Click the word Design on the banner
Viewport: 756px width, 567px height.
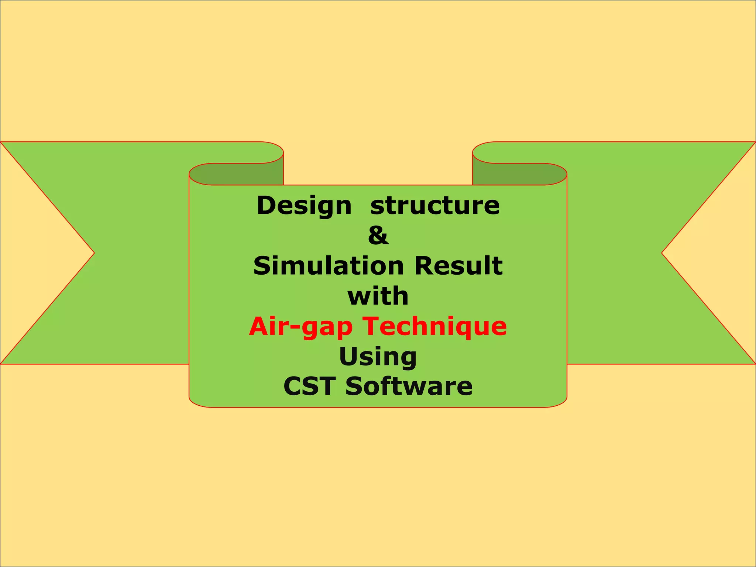click(304, 206)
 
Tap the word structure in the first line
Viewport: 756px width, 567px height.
click(435, 206)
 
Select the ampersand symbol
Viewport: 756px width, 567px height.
click(378, 236)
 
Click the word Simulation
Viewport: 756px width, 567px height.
click(329, 266)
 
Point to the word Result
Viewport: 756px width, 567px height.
click(458, 266)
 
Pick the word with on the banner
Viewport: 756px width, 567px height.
click(378, 296)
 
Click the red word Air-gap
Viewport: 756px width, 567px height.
click(301, 327)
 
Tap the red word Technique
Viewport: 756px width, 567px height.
click(434, 327)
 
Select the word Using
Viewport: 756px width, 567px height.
click(378, 357)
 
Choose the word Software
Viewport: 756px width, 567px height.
click(409, 386)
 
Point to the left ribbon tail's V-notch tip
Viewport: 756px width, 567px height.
click(94, 253)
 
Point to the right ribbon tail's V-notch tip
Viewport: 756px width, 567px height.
click(662, 253)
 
